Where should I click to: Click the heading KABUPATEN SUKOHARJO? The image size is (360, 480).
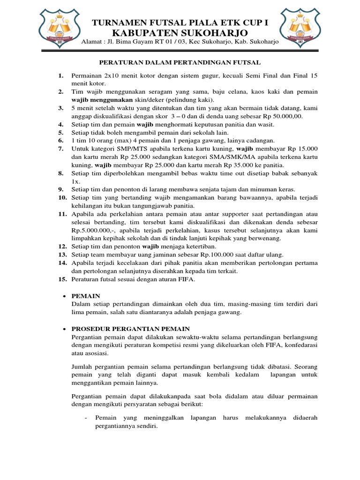(180, 32)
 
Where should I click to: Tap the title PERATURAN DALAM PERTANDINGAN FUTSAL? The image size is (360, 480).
(180, 62)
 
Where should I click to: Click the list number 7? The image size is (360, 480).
(60, 149)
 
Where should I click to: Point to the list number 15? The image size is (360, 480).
(62, 279)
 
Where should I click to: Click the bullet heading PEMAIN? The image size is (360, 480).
(86, 296)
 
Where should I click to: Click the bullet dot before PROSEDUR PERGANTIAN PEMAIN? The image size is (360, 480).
(64, 329)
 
